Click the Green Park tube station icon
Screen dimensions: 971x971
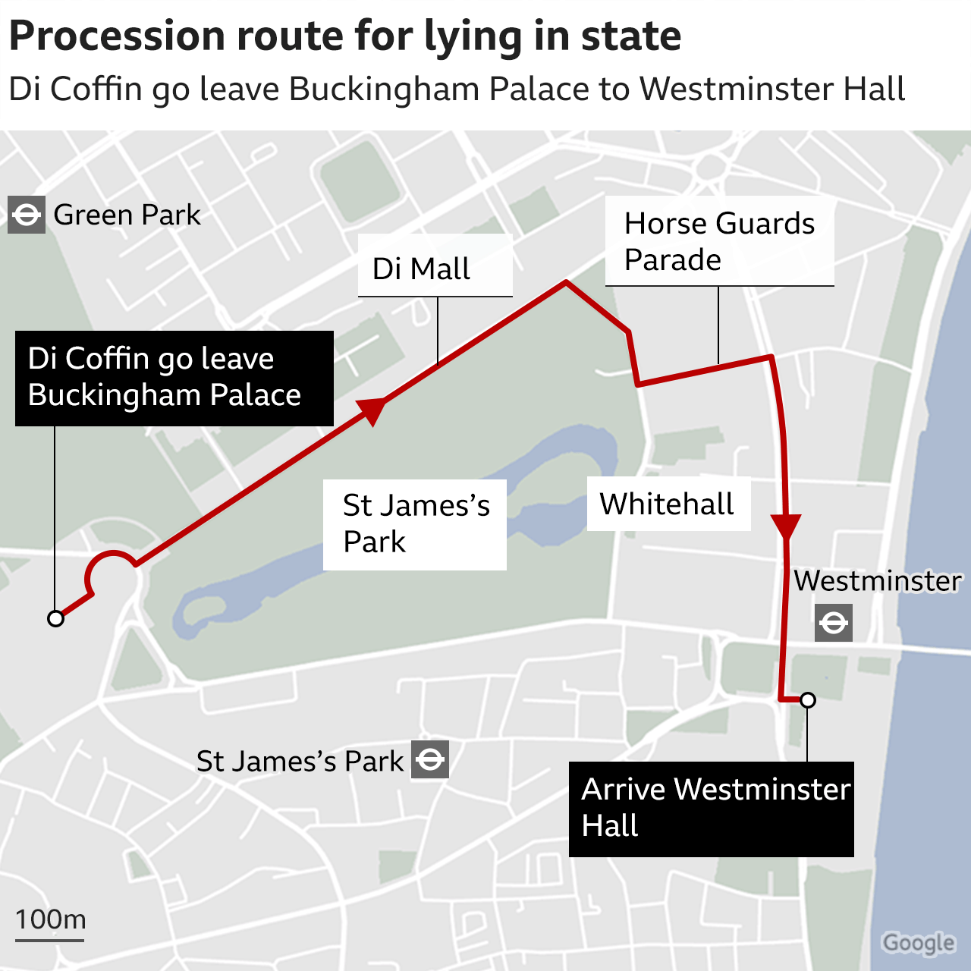27,215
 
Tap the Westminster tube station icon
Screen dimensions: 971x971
833,623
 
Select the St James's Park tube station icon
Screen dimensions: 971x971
430,759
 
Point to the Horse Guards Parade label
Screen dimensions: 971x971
719,242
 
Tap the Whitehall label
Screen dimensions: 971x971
668,504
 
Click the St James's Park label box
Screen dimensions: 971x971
415,524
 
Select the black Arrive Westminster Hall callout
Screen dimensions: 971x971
711,809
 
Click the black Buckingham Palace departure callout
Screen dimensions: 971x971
174,377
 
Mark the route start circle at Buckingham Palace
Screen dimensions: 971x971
55,618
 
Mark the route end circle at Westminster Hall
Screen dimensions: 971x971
808,699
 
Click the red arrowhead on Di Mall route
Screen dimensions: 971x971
371,410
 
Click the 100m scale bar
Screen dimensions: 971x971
49,940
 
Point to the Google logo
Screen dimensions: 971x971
918,942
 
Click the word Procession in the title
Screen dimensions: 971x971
118,36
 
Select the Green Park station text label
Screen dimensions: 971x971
127,215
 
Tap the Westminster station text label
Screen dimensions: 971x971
877,581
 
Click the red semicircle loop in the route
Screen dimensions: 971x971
112,564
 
